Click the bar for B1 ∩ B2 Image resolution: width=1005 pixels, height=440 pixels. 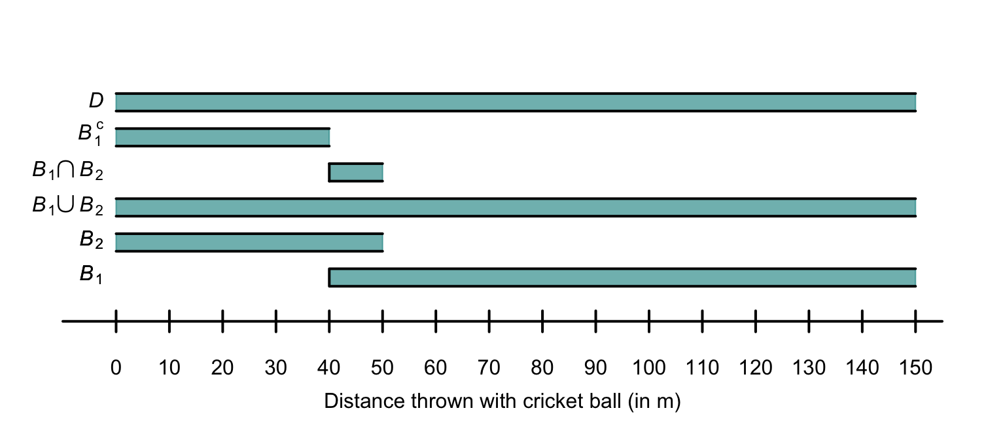coord(356,172)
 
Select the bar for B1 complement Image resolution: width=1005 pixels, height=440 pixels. coord(222,137)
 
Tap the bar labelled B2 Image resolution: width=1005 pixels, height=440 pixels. coord(249,242)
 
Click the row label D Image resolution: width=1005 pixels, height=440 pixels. coord(96,101)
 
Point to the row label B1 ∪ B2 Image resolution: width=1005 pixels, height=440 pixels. coord(68,207)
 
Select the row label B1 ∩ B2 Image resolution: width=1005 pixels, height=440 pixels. coord(68,172)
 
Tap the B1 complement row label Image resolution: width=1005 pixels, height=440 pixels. coord(92,134)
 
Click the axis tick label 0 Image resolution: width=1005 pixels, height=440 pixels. coord(116,368)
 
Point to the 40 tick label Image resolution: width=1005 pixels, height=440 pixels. coord(329,368)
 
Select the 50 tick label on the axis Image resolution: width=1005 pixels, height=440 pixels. coord(383,368)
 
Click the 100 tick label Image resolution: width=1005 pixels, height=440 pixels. coord(649,368)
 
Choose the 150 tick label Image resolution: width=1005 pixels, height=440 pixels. coord(915,368)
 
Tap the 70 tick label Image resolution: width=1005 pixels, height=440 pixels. coord(489,368)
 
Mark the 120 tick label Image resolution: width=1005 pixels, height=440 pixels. coord(756,368)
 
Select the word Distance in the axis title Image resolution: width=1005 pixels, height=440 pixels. coord(353,401)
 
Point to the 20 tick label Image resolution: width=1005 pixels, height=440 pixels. coord(222,368)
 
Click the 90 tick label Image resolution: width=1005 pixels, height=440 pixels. coord(596,368)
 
